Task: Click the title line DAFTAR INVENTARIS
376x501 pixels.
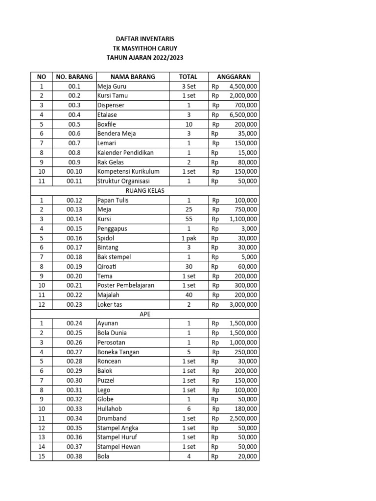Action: [x=144, y=39]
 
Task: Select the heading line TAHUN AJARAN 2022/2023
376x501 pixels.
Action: [x=144, y=58]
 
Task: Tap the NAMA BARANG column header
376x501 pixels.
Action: [x=132, y=77]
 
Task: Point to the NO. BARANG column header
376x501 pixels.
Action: [x=74, y=77]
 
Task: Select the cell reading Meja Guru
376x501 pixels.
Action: [x=112, y=87]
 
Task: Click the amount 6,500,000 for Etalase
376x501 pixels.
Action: [x=243, y=115]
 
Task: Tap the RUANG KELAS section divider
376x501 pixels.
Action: [x=144, y=191]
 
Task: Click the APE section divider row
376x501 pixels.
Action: [x=144, y=314]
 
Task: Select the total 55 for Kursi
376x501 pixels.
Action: [x=188, y=219]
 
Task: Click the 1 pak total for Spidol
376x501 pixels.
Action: [x=188, y=238]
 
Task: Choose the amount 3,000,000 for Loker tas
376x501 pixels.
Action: [x=243, y=304]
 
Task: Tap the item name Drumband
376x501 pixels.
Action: [x=112, y=418]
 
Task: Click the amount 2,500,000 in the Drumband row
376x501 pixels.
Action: [x=243, y=418]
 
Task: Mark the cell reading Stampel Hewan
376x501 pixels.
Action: [x=118, y=447]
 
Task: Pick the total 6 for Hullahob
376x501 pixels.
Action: [x=188, y=409]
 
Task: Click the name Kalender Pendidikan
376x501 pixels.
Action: [x=125, y=153]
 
